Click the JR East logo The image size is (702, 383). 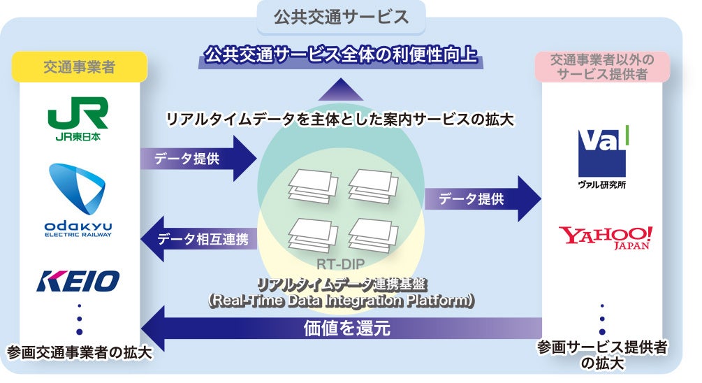coord(77,119)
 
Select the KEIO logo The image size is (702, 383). coord(78,281)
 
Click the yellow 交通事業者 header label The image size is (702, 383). coord(79,67)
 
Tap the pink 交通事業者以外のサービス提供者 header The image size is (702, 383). coord(603,66)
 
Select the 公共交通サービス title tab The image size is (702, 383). coord(341,17)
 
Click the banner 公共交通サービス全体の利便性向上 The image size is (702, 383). coord(341,55)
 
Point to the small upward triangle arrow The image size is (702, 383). coord(340,89)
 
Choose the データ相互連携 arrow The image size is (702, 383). coord(198,239)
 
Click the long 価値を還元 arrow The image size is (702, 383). coord(342,326)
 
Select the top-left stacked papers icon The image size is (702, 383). coord(313,185)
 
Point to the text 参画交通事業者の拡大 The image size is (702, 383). coord(79,351)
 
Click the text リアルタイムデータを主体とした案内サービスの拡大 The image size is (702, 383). coord(340,120)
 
